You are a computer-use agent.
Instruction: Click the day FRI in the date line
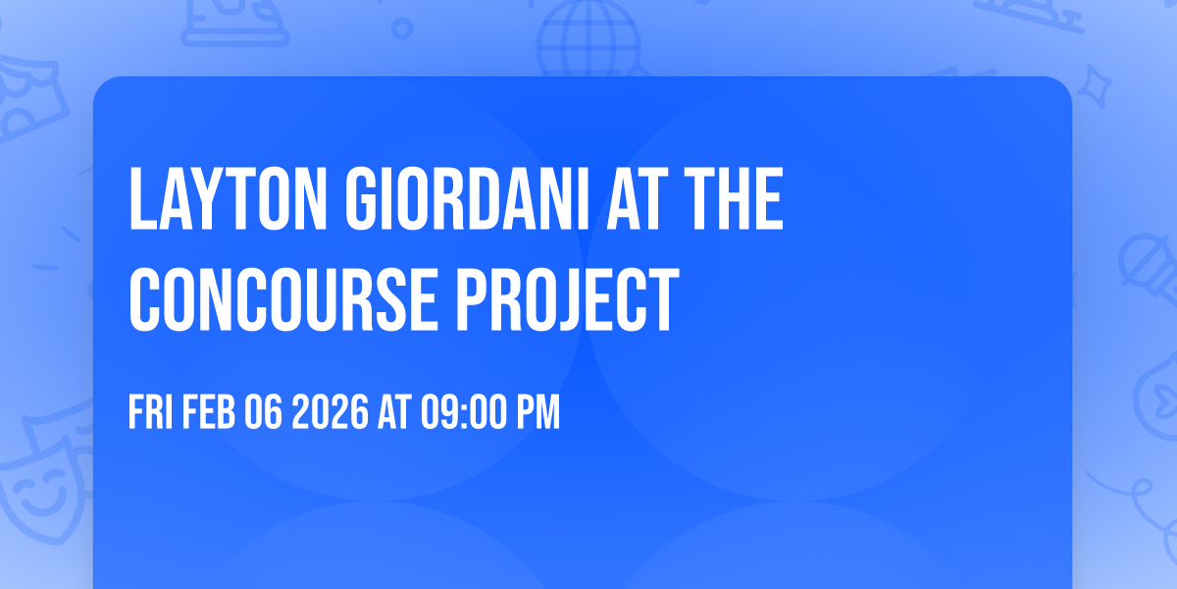pyautogui.click(x=151, y=413)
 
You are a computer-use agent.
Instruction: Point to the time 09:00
pyautogui.click(x=464, y=413)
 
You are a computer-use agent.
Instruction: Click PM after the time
pyautogui.click(x=538, y=413)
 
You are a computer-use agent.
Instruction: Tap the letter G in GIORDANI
pyautogui.click(x=355, y=200)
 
